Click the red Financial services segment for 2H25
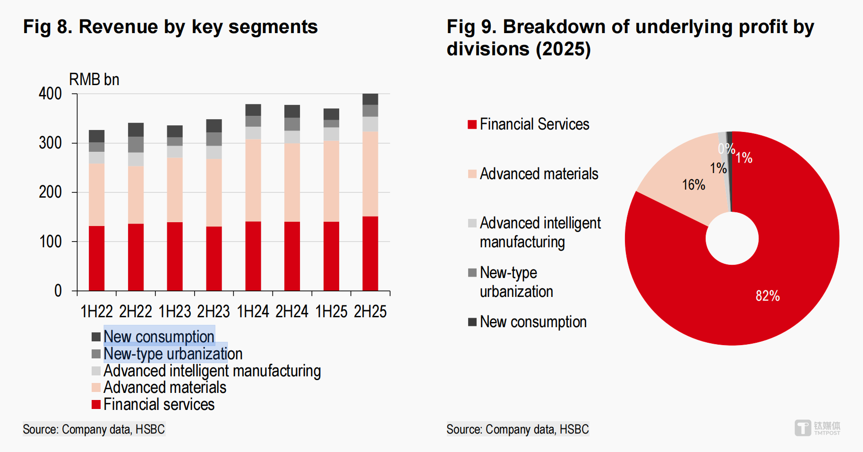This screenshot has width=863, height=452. click(x=370, y=253)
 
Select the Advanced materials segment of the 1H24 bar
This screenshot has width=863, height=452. click(x=253, y=180)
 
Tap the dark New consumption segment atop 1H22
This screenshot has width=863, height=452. click(x=97, y=136)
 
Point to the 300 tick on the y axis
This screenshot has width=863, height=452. click(x=51, y=143)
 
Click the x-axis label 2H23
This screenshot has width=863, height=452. click(x=214, y=312)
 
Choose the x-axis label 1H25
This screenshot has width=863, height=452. click(x=331, y=312)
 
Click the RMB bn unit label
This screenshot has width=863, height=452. click(x=94, y=79)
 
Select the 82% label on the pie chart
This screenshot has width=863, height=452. click(x=768, y=296)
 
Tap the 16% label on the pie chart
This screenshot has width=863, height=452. click(x=693, y=185)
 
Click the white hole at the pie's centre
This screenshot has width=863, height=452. click(x=732, y=238)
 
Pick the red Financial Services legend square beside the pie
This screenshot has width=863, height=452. click(x=472, y=124)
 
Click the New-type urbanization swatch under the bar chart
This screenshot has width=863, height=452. click(x=96, y=354)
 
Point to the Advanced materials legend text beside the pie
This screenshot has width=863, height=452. click(x=539, y=174)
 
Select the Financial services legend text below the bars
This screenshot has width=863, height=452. click(x=159, y=405)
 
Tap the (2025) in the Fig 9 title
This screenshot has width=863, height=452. click(x=564, y=49)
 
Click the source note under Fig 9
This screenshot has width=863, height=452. click(x=518, y=429)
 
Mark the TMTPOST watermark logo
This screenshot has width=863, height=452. click(x=817, y=428)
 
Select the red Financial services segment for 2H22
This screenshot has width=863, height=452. click(x=136, y=257)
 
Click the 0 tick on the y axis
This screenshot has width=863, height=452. click(x=58, y=291)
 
